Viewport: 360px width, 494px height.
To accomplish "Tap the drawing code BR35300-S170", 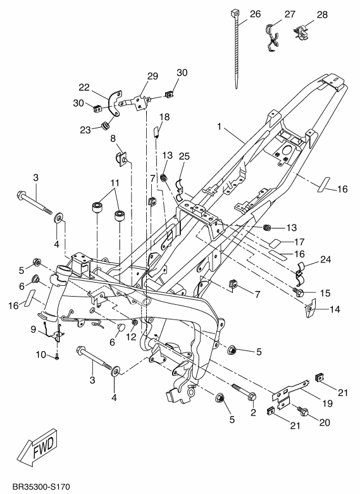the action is point(41,487).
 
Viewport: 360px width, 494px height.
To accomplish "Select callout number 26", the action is point(256,14).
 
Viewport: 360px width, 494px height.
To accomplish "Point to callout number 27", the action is point(290,14).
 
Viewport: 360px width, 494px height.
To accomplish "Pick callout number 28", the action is point(322,15).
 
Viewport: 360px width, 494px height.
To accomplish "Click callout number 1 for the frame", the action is point(220,127).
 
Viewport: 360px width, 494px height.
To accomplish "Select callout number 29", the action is point(152,77).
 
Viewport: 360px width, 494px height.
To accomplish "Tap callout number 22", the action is point(84,87).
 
